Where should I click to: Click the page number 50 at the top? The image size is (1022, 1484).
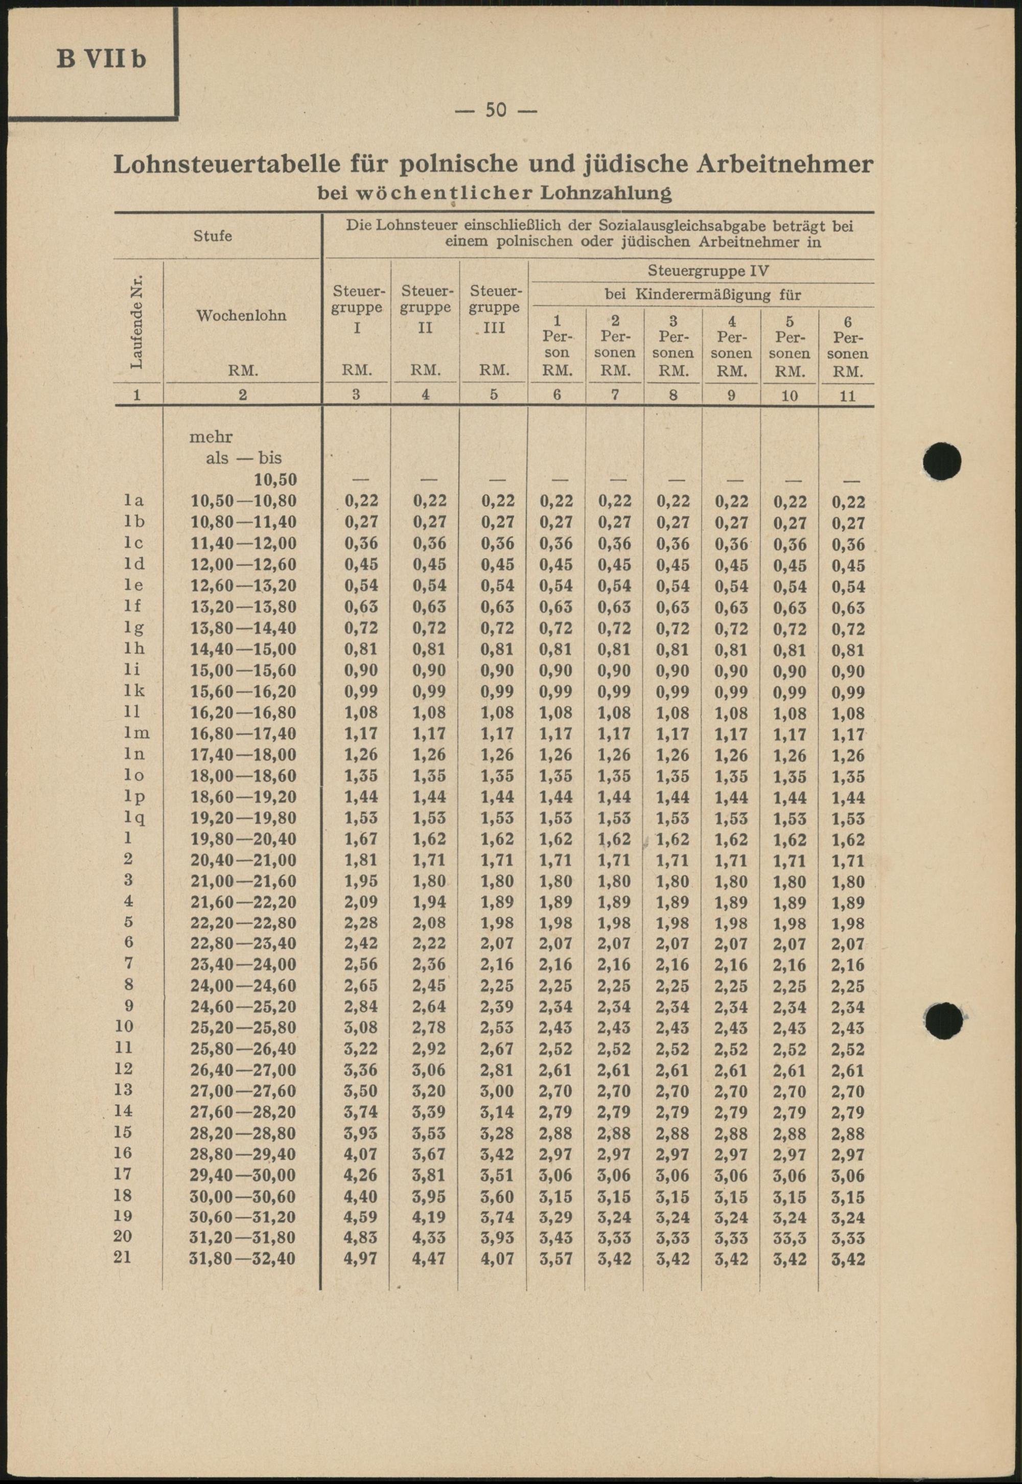tap(496, 110)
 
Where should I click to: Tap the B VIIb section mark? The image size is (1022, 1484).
tap(101, 59)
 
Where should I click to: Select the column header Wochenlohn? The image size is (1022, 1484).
tap(241, 316)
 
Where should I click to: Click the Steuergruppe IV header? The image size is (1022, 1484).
tap(708, 271)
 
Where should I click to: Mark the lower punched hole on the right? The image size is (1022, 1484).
tap(944, 1021)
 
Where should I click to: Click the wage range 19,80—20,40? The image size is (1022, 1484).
tap(243, 839)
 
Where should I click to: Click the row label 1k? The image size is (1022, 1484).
tap(133, 691)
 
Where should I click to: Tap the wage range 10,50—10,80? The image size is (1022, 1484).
tap(243, 501)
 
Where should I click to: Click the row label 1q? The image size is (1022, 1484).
tap(133, 818)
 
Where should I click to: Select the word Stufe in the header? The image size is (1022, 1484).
tap(213, 236)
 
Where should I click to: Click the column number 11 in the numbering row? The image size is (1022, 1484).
tap(847, 396)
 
